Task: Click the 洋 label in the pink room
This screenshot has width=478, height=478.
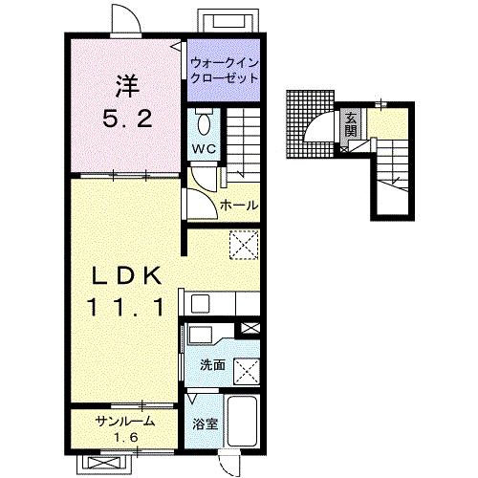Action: (127, 86)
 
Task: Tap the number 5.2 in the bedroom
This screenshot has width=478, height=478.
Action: (127, 119)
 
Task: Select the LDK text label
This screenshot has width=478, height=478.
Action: (127, 276)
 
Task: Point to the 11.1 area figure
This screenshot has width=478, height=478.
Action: (127, 307)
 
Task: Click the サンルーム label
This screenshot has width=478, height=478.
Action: (125, 422)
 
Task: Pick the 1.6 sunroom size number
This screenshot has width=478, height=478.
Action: (126, 438)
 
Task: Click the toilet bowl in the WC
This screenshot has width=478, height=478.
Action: (204, 124)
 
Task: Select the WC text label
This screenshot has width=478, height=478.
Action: (204, 148)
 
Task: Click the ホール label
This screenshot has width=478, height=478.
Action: (239, 205)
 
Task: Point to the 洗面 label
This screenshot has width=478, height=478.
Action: (212, 365)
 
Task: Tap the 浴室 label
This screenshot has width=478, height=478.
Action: (206, 424)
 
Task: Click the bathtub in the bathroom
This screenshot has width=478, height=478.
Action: (243, 422)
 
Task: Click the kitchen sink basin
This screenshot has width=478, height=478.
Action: (200, 304)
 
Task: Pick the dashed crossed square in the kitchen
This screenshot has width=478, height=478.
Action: (244, 245)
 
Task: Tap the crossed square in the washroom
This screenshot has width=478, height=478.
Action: (247, 372)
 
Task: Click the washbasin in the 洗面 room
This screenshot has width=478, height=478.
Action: (201, 335)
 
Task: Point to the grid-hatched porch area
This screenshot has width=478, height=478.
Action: (310, 124)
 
